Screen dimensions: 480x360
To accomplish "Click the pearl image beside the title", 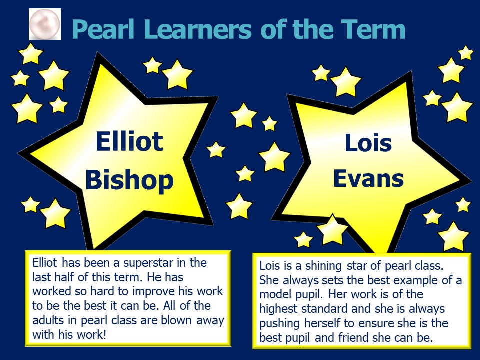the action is [x=45, y=24].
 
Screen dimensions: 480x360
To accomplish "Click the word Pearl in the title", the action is [x=103, y=29].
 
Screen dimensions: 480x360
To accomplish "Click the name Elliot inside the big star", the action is [x=129, y=141].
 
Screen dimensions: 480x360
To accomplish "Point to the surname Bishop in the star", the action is [x=129, y=180].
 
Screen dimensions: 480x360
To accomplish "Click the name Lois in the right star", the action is [x=368, y=143].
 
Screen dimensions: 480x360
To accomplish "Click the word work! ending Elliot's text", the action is [x=91, y=334].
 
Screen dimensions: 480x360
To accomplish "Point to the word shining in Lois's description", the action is [x=323, y=266].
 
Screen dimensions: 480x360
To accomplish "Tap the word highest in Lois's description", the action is [x=278, y=309].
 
